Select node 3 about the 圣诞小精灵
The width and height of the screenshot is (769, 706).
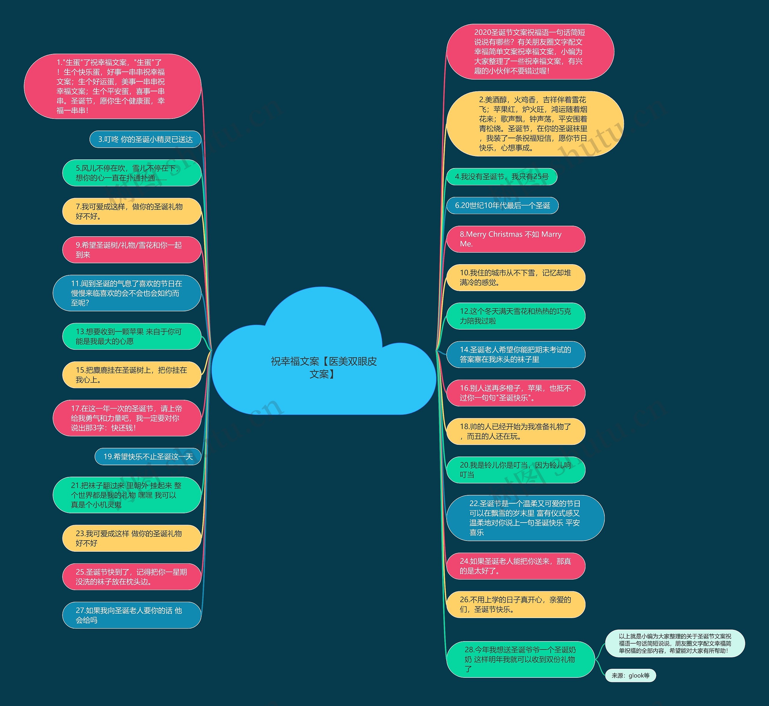pyautogui.click(x=145, y=140)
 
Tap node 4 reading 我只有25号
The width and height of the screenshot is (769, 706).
pyautogui.click(x=501, y=176)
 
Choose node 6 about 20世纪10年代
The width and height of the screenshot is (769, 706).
pyautogui.click(x=502, y=206)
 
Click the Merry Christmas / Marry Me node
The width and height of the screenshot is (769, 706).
pyautogui.click(x=515, y=239)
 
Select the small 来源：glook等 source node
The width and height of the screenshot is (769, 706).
pyautogui.click(x=630, y=675)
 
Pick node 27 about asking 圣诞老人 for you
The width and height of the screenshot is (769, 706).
pyautogui.click(x=132, y=615)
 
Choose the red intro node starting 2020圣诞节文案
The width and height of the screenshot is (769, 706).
pyautogui.click(x=530, y=52)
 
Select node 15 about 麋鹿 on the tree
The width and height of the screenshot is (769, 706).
pyautogui.click(x=132, y=375)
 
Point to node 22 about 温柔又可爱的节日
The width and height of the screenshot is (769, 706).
pyautogui.click(x=525, y=518)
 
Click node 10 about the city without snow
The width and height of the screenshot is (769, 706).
pyautogui.click(x=515, y=277)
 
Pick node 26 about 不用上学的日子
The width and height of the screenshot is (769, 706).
pyautogui.click(x=515, y=604)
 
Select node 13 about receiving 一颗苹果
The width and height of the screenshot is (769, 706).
pyautogui.click(x=132, y=336)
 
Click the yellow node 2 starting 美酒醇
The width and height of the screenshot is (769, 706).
pyautogui.click(x=535, y=124)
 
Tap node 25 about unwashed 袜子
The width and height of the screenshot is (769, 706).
pyautogui.click(x=132, y=577)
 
